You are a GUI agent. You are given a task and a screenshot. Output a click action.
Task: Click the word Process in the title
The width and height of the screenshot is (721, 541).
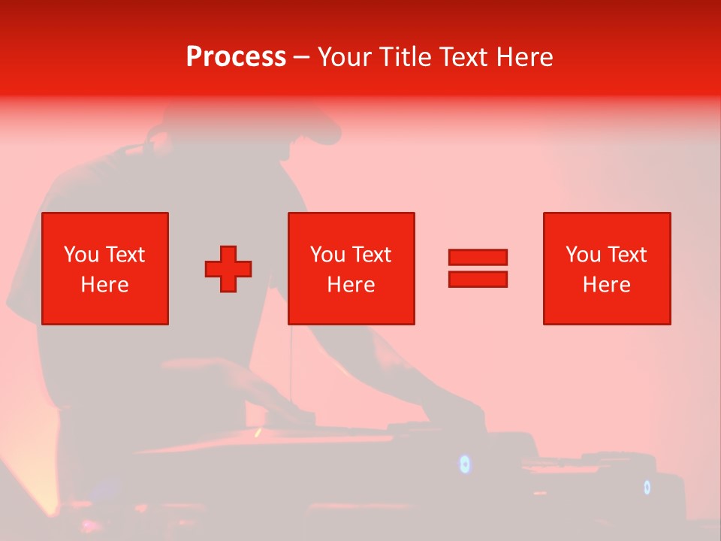coord(236,57)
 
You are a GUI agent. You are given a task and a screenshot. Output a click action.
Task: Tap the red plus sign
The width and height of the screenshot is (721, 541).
coord(228,269)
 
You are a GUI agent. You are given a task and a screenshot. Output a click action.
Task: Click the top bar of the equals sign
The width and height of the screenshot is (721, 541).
coord(478,257)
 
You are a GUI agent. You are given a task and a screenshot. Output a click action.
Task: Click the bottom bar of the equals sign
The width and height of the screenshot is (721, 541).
coord(478,279)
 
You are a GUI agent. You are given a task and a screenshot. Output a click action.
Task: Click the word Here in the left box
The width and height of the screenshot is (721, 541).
coord(105,285)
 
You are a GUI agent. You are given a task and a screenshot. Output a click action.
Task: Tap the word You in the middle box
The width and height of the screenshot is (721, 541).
coord(327,255)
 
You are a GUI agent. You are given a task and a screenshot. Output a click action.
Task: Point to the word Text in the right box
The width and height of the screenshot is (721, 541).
coord(627,255)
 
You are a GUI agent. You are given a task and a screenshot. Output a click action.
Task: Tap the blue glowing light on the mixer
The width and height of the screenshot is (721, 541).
coord(465,464)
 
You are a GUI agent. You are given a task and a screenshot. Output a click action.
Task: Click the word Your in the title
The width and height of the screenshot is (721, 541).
coord(345,57)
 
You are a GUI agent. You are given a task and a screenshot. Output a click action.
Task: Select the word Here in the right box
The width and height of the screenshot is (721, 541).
coord(607,285)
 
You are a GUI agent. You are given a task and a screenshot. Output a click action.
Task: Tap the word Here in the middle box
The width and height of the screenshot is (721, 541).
coord(351,285)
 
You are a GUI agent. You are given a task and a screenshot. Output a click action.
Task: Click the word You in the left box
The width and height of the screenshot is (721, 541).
coord(81,255)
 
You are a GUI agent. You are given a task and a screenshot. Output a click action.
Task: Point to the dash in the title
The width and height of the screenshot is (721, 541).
coord(301,57)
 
